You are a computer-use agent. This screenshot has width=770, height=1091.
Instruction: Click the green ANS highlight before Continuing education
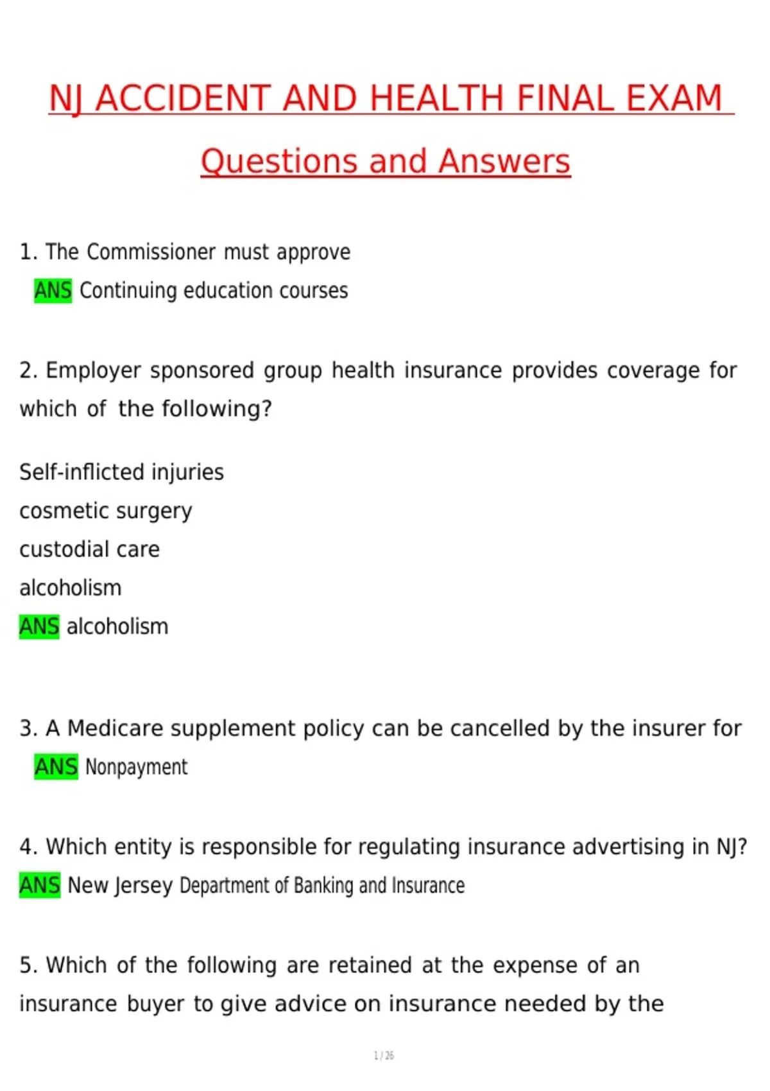coord(53,291)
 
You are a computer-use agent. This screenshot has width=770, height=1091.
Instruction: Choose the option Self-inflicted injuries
coord(121,472)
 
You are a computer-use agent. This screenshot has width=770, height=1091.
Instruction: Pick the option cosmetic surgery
coord(105,511)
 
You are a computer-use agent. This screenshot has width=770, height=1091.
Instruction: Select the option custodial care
coord(89,549)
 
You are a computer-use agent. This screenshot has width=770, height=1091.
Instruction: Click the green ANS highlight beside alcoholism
coord(39,626)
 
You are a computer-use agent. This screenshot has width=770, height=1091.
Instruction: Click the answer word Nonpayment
coord(136,767)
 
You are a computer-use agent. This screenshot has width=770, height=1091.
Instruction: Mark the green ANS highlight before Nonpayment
coord(56,767)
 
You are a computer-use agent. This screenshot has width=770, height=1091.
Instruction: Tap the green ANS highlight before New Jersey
coord(39,886)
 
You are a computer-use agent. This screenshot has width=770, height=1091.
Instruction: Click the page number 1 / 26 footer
coord(384,1056)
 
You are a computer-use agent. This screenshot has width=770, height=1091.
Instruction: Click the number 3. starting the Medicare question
coord(28,728)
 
